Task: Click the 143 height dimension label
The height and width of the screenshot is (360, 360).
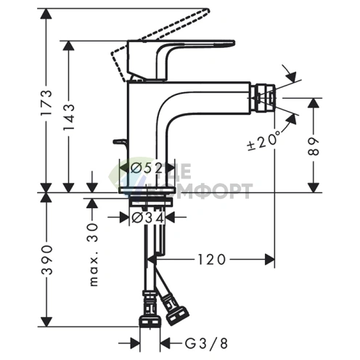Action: pyautogui.click(x=68, y=118)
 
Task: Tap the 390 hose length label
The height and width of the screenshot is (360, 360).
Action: pyautogui.click(x=46, y=260)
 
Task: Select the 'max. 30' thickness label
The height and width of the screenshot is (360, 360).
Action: pyautogui.click(x=93, y=255)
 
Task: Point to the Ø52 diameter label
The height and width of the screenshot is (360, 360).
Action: pyautogui.click(x=146, y=168)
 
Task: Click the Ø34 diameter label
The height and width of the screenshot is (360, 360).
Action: pyautogui.click(x=148, y=218)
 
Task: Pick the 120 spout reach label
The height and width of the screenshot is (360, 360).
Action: pyautogui.click(x=211, y=260)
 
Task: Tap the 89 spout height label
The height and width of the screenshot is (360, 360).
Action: pyautogui.click(x=314, y=147)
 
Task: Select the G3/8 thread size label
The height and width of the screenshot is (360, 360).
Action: pyautogui.click(x=206, y=343)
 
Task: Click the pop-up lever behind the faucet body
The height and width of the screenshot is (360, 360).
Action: pyautogui.click(x=120, y=144)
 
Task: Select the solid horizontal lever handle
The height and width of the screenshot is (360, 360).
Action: pyautogui.click(x=181, y=60)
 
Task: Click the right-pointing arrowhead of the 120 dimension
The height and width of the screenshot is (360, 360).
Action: pyautogui.click(x=269, y=260)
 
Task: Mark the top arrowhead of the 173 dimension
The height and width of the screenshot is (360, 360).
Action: pyautogui.click(x=46, y=14)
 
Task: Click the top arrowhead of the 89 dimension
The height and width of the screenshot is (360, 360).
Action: pyautogui.click(x=314, y=103)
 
